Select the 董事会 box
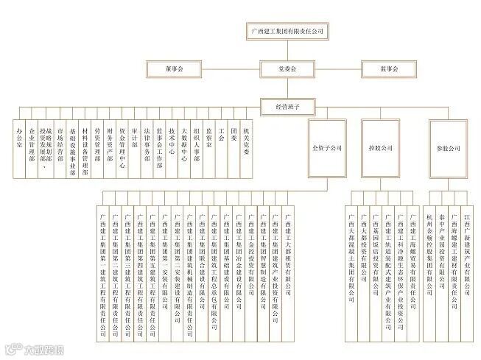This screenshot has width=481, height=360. (175, 68)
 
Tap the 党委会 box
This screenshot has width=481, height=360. (286, 68)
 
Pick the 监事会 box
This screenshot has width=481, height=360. (389, 68)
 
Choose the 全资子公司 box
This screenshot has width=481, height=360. (328, 148)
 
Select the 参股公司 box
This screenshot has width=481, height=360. (448, 148)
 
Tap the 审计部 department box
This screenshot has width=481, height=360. (134, 147)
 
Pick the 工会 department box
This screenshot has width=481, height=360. (221, 147)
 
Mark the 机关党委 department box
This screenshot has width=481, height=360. (246, 147)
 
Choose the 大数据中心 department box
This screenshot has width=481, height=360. (184, 147)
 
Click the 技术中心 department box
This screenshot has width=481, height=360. (172, 147)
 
